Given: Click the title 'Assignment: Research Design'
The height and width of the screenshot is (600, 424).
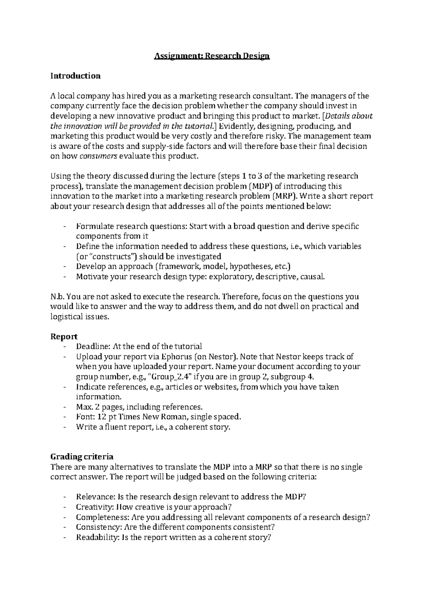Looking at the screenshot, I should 212,56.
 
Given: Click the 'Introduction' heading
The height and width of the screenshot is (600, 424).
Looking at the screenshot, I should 75,76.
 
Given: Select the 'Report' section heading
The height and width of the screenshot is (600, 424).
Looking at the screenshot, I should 64,337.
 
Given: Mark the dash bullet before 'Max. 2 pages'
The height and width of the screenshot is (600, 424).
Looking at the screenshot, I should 64,407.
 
